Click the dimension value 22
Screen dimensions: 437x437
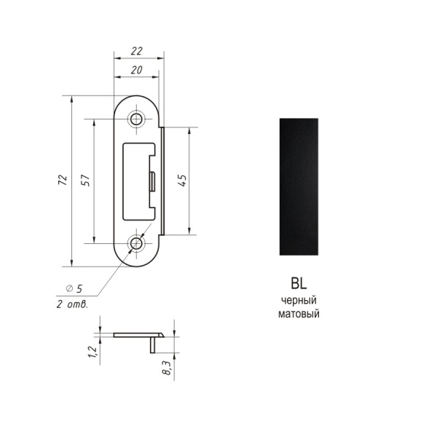pos(137,51)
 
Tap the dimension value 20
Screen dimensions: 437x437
pos(137,70)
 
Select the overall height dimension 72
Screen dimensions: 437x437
pos(63,180)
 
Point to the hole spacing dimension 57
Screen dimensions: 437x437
pos(85,181)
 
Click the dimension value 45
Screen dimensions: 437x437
pos(182,181)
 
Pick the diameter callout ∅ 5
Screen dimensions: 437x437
pos(74,288)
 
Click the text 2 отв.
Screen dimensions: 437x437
pos(72,304)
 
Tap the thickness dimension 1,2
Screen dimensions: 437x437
pos(92,352)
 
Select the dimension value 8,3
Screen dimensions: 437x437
pos(167,368)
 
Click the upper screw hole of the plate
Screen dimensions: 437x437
pos(137,119)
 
